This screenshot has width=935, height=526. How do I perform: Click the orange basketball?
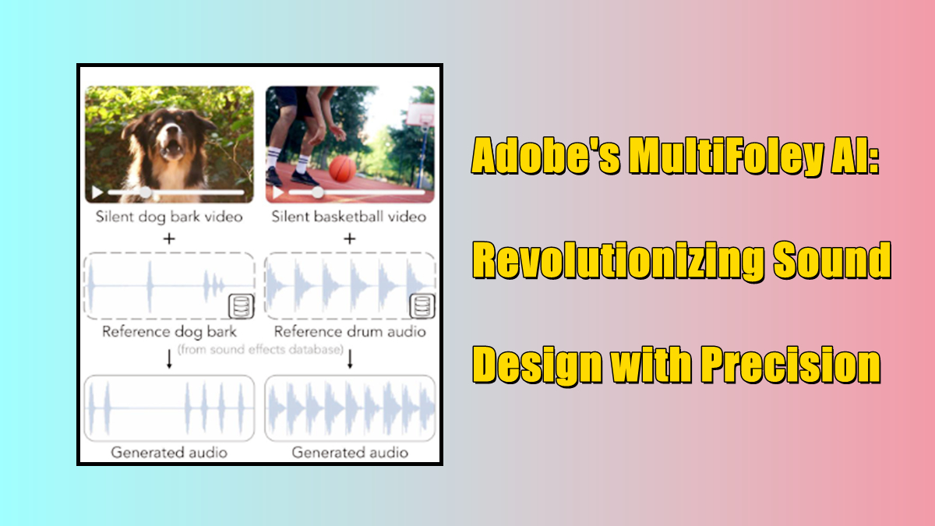(x=342, y=168)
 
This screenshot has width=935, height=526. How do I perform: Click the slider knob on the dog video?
(x=145, y=192)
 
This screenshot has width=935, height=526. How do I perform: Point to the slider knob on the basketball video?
(x=317, y=192)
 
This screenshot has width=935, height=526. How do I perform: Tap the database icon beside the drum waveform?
(x=421, y=306)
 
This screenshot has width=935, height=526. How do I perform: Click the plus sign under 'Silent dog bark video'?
(x=169, y=238)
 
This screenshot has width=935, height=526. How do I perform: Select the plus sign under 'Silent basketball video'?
(x=350, y=238)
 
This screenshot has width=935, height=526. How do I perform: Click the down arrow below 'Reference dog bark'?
(x=169, y=359)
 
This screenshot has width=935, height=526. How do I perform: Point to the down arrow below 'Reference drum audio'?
(x=351, y=359)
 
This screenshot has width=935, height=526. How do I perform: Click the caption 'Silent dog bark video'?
(x=169, y=217)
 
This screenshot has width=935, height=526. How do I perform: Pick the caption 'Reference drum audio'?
(x=350, y=331)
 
